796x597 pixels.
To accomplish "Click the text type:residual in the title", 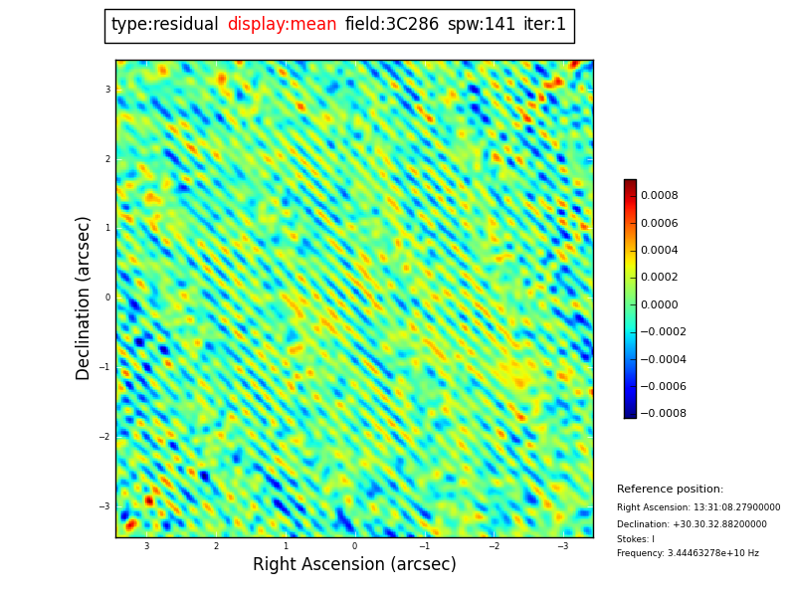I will coord(164,25).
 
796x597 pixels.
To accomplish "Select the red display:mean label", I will coord(282,25).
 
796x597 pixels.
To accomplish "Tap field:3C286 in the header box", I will coord(391,25).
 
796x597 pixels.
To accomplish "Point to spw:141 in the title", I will coord(481,25).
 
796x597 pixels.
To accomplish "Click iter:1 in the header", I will coord(544,25).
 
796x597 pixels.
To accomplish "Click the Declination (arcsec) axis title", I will coord(84,298).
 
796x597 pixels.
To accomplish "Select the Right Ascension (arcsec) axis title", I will coord(354,564).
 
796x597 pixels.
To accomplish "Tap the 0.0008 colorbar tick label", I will coord(659,196).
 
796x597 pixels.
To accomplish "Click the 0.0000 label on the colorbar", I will coord(659,305).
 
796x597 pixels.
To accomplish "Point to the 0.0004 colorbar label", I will coord(659,251).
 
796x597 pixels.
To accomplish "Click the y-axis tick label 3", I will coord(107,90).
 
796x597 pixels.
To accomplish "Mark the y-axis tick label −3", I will coord(104,506).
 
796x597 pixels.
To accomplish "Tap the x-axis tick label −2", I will coord(494,546).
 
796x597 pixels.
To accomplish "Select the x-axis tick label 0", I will coord(354,546).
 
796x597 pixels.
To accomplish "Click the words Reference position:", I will coord(670,490).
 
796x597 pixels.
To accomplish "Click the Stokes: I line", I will coord(636,539).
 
